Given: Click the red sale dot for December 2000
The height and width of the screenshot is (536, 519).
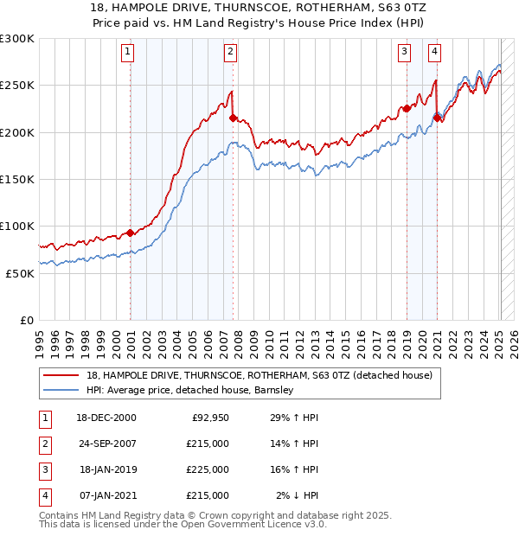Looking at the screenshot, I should pos(130,233).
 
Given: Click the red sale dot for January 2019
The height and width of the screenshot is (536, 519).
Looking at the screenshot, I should pos(407,109).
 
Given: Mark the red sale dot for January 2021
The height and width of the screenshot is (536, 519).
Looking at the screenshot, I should pos(437,118).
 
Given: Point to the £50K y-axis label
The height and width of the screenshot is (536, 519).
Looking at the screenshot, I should pos(19,273).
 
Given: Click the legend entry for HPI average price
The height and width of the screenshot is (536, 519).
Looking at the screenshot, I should pos(190,390).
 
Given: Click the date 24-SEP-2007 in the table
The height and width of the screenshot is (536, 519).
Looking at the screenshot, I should pos(106,443).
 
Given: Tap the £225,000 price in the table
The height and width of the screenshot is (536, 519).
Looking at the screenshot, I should pos(207,469).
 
